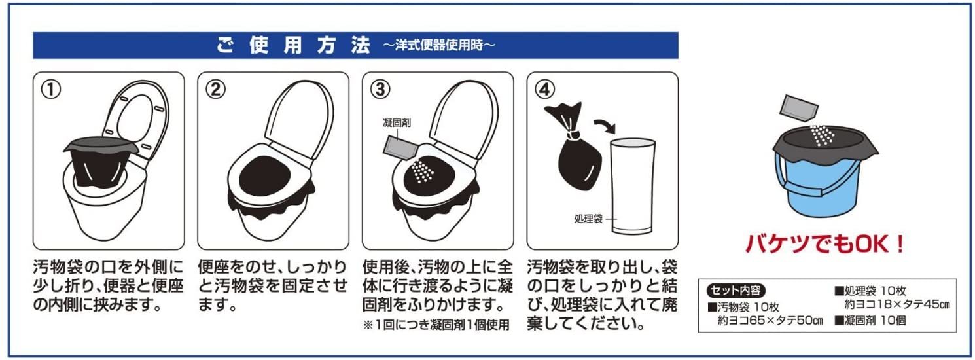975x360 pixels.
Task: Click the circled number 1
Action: pyautogui.click(x=50, y=90)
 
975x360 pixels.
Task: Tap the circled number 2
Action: pyautogui.click(x=215, y=90)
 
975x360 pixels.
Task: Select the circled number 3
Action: pyautogui.click(x=380, y=90)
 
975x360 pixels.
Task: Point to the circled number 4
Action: pyautogui.click(x=544, y=90)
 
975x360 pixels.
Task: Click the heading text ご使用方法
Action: pyautogui.click(x=293, y=45)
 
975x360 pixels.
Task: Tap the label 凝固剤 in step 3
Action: pyautogui.click(x=397, y=123)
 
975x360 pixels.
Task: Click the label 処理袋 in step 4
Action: pyautogui.click(x=588, y=219)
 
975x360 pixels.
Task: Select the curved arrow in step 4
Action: pyautogui.click(x=605, y=126)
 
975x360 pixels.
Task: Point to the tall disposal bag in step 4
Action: pyautogui.click(x=632, y=188)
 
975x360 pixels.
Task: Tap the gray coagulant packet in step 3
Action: pyautogui.click(x=400, y=147)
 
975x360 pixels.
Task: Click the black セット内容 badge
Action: pyautogui.click(x=735, y=291)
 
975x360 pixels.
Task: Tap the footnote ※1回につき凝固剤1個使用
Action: pyautogui.click(x=436, y=325)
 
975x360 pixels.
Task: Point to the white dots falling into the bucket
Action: pyautogui.click(x=823, y=135)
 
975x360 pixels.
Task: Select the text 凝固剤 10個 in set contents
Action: pyautogui.click(x=870, y=321)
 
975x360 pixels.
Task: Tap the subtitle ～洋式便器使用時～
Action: pyautogui.click(x=438, y=45)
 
